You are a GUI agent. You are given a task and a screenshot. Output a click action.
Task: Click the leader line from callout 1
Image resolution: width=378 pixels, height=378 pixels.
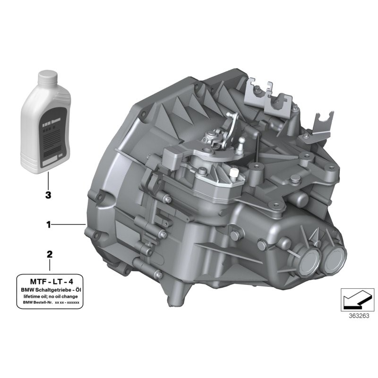69,225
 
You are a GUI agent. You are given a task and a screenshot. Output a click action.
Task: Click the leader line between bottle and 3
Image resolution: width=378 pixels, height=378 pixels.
48,180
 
